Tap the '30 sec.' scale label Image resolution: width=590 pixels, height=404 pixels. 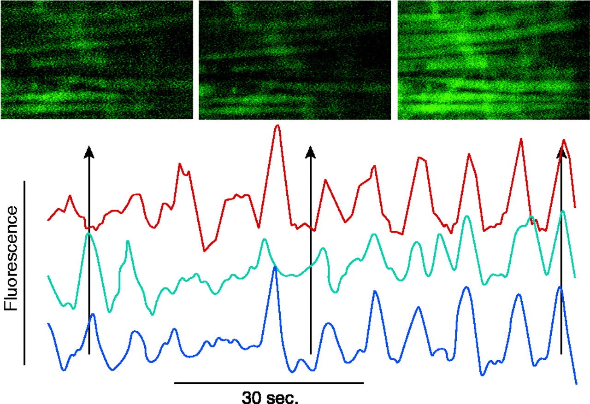coord(270,396)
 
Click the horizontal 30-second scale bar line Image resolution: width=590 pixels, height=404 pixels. coord(269,382)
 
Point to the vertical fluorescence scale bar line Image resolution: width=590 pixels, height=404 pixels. coord(24,273)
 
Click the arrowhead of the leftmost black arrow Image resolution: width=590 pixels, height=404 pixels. coord(89,152)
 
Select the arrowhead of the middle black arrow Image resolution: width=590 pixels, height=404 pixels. coord(310,152)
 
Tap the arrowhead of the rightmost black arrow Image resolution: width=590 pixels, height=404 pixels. coord(561,152)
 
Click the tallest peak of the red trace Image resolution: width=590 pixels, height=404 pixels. coord(277,125)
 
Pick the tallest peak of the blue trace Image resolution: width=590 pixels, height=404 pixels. coord(275,268)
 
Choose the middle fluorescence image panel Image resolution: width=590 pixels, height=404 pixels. coord(295,60)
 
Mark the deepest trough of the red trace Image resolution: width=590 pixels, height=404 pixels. coord(204,251)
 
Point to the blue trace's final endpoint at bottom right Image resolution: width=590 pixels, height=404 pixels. coord(576,383)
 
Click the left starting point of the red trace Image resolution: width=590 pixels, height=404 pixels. coord(48,220)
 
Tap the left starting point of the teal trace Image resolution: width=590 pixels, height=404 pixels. coord(48,276)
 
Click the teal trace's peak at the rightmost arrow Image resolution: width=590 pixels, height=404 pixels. coord(563,211)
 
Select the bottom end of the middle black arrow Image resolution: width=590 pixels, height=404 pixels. coord(310,353)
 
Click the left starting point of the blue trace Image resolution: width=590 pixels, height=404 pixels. coord(48,324)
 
